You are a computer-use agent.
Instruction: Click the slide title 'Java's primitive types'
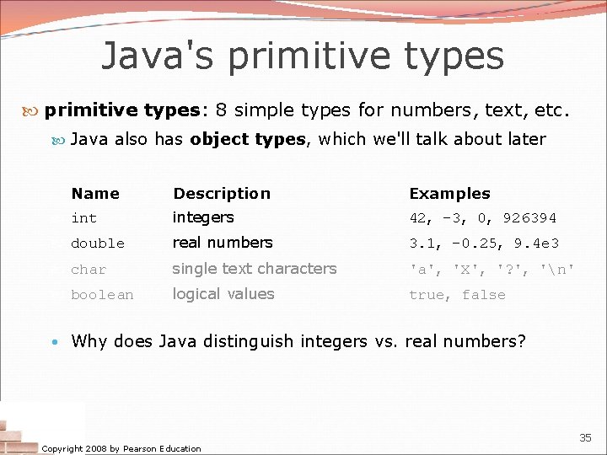[x=303, y=56]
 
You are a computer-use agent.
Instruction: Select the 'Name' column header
[x=95, y=194]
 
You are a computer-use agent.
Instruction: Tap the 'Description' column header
[x=222, y=194]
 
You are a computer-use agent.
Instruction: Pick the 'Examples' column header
[x=449, y=194]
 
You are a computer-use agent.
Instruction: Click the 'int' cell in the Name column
[x=84, y=218]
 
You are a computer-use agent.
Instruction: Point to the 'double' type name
[x=98, y=244]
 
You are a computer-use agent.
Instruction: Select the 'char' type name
[x=89, y=270]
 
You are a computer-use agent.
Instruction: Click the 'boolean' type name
[x=102, y=295]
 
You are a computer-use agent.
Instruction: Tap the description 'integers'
[x=203, y=217]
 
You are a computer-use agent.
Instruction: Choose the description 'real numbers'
[x=223, y=243]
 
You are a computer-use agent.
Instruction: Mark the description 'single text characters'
[x=255, y=269]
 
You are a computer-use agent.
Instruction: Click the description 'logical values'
[x=223, y=294]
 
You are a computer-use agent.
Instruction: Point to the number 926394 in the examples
[x=529, y=218]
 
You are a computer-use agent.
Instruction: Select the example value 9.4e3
[x=556, y=244]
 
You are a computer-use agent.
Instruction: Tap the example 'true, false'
[x=457, y=295]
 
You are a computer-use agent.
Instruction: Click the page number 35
[x=585, y=437]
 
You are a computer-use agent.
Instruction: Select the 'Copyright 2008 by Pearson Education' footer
[x=121, y=448]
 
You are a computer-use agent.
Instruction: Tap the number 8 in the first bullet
[x=220, y=110]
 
